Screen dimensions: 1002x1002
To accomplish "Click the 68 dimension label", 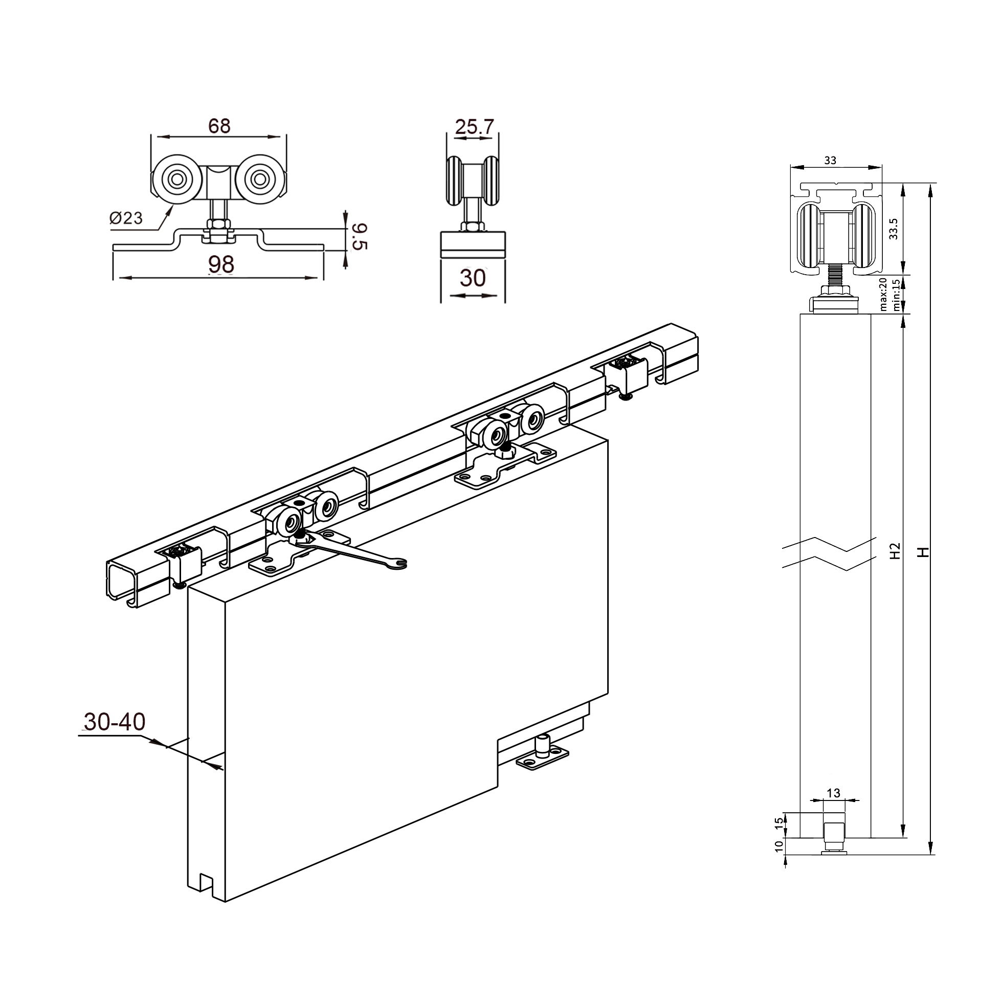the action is (219, 125).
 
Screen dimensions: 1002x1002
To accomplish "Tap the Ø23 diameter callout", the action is (126, 218).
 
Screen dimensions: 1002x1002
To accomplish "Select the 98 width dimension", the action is (221, 264).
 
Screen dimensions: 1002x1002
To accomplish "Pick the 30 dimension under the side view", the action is (473, 278).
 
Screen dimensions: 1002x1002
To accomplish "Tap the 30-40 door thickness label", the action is (115, 722).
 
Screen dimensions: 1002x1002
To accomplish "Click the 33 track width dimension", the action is (830, 161).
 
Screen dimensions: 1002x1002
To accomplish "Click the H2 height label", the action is (894, 550).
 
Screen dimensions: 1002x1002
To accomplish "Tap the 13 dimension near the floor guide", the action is (833, 793).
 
